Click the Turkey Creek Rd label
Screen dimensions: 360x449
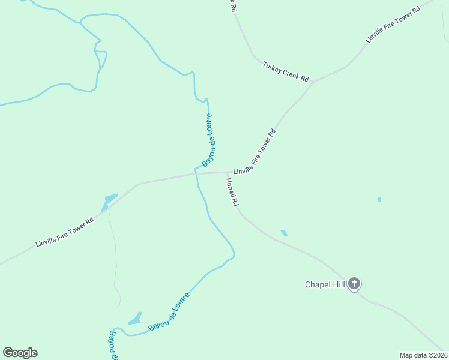pos(286,71)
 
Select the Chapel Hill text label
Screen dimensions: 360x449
pos(325,284)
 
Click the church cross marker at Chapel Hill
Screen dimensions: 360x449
pos(354,283)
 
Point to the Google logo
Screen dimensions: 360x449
pos(20,353)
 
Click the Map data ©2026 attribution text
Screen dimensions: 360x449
pos(423,355)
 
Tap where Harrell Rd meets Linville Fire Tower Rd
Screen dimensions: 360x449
pos(226,173)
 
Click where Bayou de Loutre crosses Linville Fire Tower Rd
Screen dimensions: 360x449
pos(196,174)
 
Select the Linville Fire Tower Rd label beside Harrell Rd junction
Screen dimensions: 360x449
pos(255,152)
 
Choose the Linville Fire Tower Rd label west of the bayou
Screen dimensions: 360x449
pos(65,232)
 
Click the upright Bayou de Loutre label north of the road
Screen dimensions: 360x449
pos(208,140)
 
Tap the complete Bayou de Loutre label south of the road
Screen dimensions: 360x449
pos(169,311)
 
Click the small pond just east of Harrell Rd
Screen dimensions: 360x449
pos(284,232)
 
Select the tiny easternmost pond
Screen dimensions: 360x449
pos(379,199)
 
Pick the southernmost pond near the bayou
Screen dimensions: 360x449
pos(135,319)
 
